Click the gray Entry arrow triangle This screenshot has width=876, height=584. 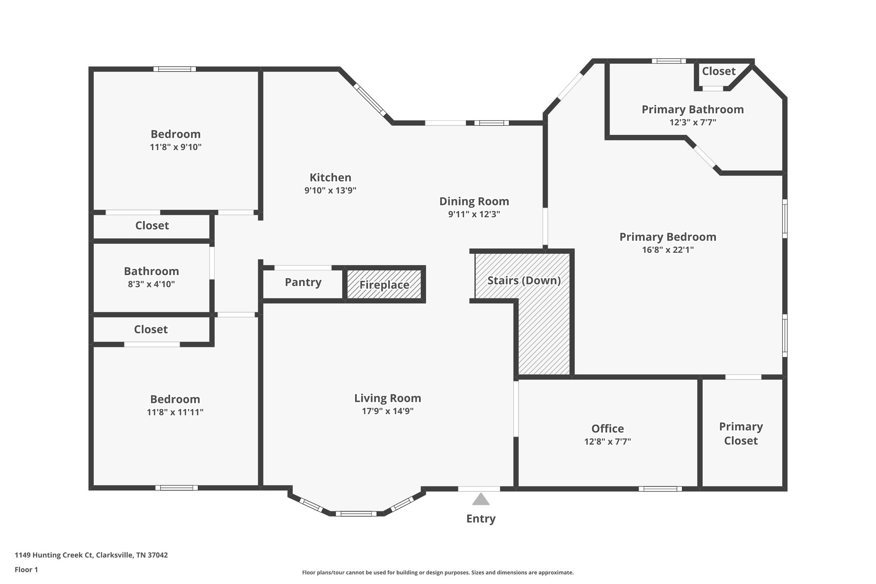pyautogui.click(x=481, y=500)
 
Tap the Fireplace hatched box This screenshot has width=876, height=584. pyautogui.click(x=384, y=285)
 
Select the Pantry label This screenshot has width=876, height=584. pyautogui.click(x=303, y=282)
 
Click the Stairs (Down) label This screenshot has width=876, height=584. pyautogui.click(x=524, y=281)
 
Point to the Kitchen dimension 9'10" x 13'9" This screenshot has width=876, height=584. pyautogui.click(x=330, y=190)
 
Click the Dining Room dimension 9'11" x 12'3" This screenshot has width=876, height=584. pyautogui.click(x=474, y=214)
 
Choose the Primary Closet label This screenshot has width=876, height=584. pyautogui.click(x=741, y=433)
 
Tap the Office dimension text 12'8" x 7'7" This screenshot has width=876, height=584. pyautogui.click(x=607, y=442)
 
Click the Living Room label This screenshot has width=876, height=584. pyautogui.click(x=388, y=398)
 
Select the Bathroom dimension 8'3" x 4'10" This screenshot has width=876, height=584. pyautogui.click(x=151, y=284)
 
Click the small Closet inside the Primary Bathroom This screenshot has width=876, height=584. pyautogui.click(x=719, y=71)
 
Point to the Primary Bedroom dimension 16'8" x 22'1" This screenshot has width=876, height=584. pyautogui.click(x=668, y=250)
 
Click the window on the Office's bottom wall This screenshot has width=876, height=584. pyautogui.click(x=660, y=489)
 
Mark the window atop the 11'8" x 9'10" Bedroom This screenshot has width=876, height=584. pyautogui.click(x=175, y=69)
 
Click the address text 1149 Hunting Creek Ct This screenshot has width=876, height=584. pyautogui.click(x=91, y=555)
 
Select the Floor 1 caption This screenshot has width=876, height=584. pyautogui.click(x=26, y=569)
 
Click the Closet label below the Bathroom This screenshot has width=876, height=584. pyautogui.click(x=151, y=329)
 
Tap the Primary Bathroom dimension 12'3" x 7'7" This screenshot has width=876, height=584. pyautogui.click(x=693, y=122)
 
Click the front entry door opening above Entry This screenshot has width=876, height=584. pyautogui.click(x=479, y=489)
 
